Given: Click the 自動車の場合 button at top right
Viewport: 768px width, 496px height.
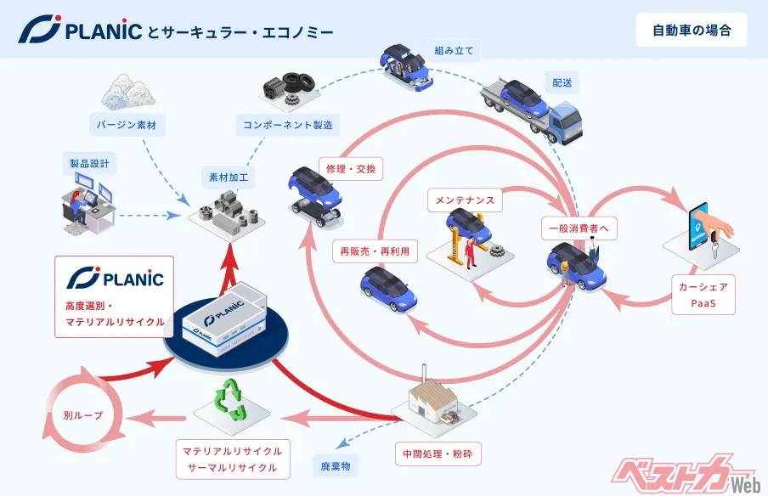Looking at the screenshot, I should pos(692,31).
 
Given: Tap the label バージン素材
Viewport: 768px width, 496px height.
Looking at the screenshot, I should pos(127,126).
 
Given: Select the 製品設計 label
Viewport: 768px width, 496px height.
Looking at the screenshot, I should pos(86,161).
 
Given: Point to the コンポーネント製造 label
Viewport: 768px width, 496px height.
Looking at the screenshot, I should pos(287,125).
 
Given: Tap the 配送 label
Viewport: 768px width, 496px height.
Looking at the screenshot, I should pos(562,83).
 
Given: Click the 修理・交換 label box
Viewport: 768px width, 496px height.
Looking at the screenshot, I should pos(349,168).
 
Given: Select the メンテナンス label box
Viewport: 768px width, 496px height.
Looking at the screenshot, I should pos(465,201).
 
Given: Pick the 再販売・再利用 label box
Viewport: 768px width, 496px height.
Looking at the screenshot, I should pos(374,251).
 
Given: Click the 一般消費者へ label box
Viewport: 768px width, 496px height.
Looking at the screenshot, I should pos(579,228).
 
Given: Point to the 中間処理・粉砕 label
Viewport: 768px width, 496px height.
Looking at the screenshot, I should pos(438,454).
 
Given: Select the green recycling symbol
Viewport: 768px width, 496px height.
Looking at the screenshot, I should pos(232,400).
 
